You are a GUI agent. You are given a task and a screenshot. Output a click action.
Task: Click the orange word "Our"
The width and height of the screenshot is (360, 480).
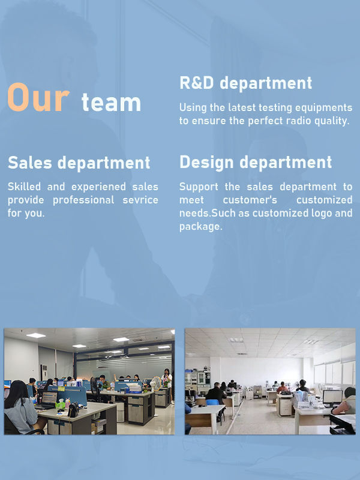pyautogui.click(x=38, y=97)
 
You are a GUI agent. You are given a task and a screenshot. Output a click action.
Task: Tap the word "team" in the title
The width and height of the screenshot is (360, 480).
pyautogui.click(x=111, y=102)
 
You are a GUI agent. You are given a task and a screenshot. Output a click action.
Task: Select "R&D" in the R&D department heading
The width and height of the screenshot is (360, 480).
pyautogui.click(x=197, y=83)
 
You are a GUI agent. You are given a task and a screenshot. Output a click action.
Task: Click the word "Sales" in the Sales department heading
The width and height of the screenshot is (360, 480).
pyautogui.click(x=29, y=162)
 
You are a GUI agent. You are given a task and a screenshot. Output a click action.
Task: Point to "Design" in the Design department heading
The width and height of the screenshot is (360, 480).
pyautogui.click(x=206, y=163)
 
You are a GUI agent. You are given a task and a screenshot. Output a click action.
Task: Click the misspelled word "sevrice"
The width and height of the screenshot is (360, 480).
pyautogui.click(x=140, y=200)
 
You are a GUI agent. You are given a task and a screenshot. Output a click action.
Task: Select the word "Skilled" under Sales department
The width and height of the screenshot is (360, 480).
pyautogui.click(x=24, y=187)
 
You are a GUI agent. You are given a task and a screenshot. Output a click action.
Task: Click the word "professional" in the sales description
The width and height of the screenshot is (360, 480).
pyautogui.click(x=83, y=200)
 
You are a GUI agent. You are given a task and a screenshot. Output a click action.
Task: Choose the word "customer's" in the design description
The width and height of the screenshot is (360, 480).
pyautogui.click(x=250, y=200)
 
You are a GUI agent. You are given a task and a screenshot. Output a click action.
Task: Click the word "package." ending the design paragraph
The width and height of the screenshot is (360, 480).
pyautogui.click(x=201, y=227)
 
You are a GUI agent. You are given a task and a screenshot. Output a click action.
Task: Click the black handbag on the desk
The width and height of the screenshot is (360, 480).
pyautogui.click(x=73, y=410)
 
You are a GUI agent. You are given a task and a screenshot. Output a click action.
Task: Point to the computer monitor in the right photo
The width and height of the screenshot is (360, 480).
pyautogui.click(x=332, y=397)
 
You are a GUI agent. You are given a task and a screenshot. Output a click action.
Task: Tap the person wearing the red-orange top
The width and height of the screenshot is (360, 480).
pyautogui.click(x=282, y=387)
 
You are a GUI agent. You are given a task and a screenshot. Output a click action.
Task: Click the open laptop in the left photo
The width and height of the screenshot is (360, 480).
pyautogui.click(x=47, y=400)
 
